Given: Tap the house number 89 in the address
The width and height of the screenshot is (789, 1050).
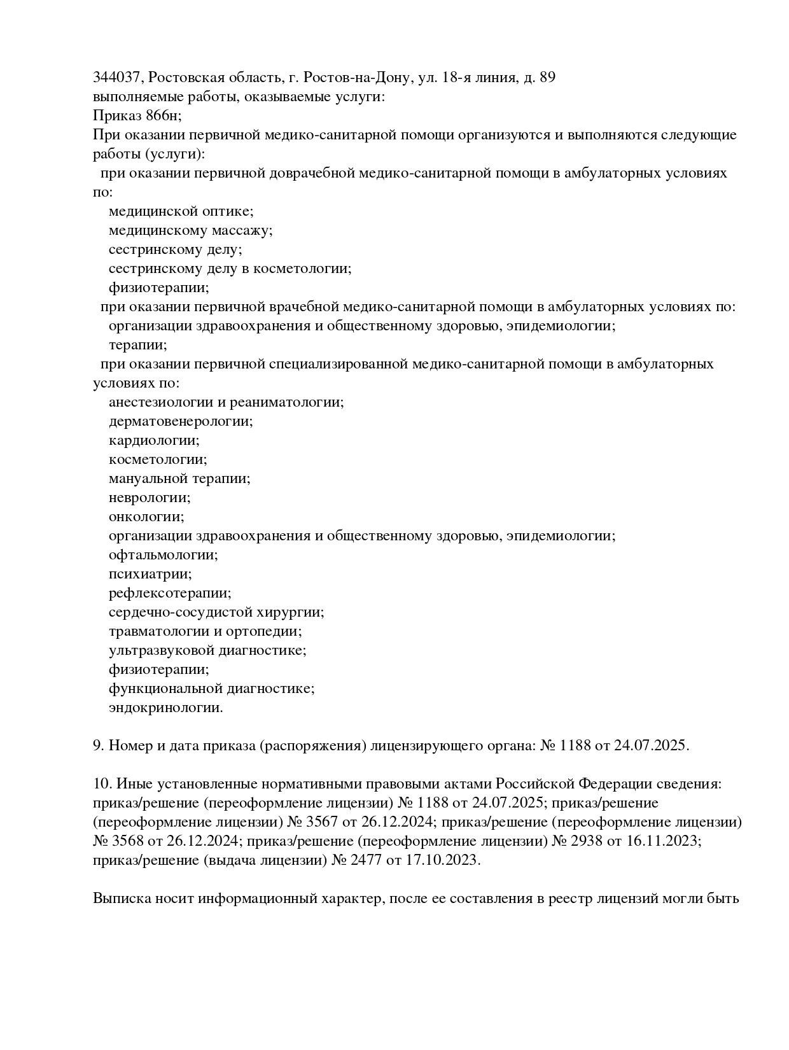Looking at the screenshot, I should tap(547, 78).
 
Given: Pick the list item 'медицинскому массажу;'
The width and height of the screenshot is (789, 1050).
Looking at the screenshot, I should tap(190, 230).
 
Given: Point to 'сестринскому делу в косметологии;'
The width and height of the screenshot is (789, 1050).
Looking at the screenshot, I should tap(230, 269).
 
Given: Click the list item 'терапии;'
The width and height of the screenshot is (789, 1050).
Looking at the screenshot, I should tap(138, 345).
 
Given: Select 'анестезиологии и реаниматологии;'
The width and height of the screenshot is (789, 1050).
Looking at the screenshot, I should tap(226, 402).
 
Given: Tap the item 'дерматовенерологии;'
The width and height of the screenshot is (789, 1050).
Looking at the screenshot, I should tap(181, 421).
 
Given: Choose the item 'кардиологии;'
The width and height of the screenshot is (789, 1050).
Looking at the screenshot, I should tap(154, 440).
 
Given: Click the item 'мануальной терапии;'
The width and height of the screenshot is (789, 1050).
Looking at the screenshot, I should tap(179, 479).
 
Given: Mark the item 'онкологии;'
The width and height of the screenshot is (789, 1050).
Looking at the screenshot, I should tap(146, 517).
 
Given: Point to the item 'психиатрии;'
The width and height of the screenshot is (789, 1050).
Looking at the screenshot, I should tap(150, 574).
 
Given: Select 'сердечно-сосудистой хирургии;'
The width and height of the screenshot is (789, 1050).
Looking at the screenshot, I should tap(216, 612).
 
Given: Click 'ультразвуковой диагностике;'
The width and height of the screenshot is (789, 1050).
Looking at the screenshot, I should tap(207, 650).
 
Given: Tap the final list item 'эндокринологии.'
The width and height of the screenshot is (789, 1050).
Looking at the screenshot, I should tap(166, 708).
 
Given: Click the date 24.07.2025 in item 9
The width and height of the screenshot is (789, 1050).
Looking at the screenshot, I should tap(651, 746).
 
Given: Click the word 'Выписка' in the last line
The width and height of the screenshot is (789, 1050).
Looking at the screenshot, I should tap(120, 899).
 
